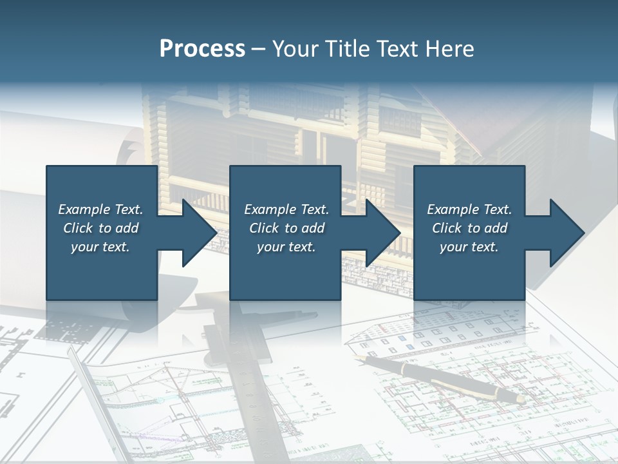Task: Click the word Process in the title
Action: click(x=202, y=49)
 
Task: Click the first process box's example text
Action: click(x=100, y=228)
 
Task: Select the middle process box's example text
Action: click(x=286, y=228)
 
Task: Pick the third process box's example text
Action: click(x=469, y=228)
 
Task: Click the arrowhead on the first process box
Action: click(x=200, y=233)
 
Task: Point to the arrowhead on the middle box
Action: click(x=383, y=233)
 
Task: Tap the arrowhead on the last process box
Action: click(x=566, y=233)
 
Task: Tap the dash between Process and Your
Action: click(x=258, y=49)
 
